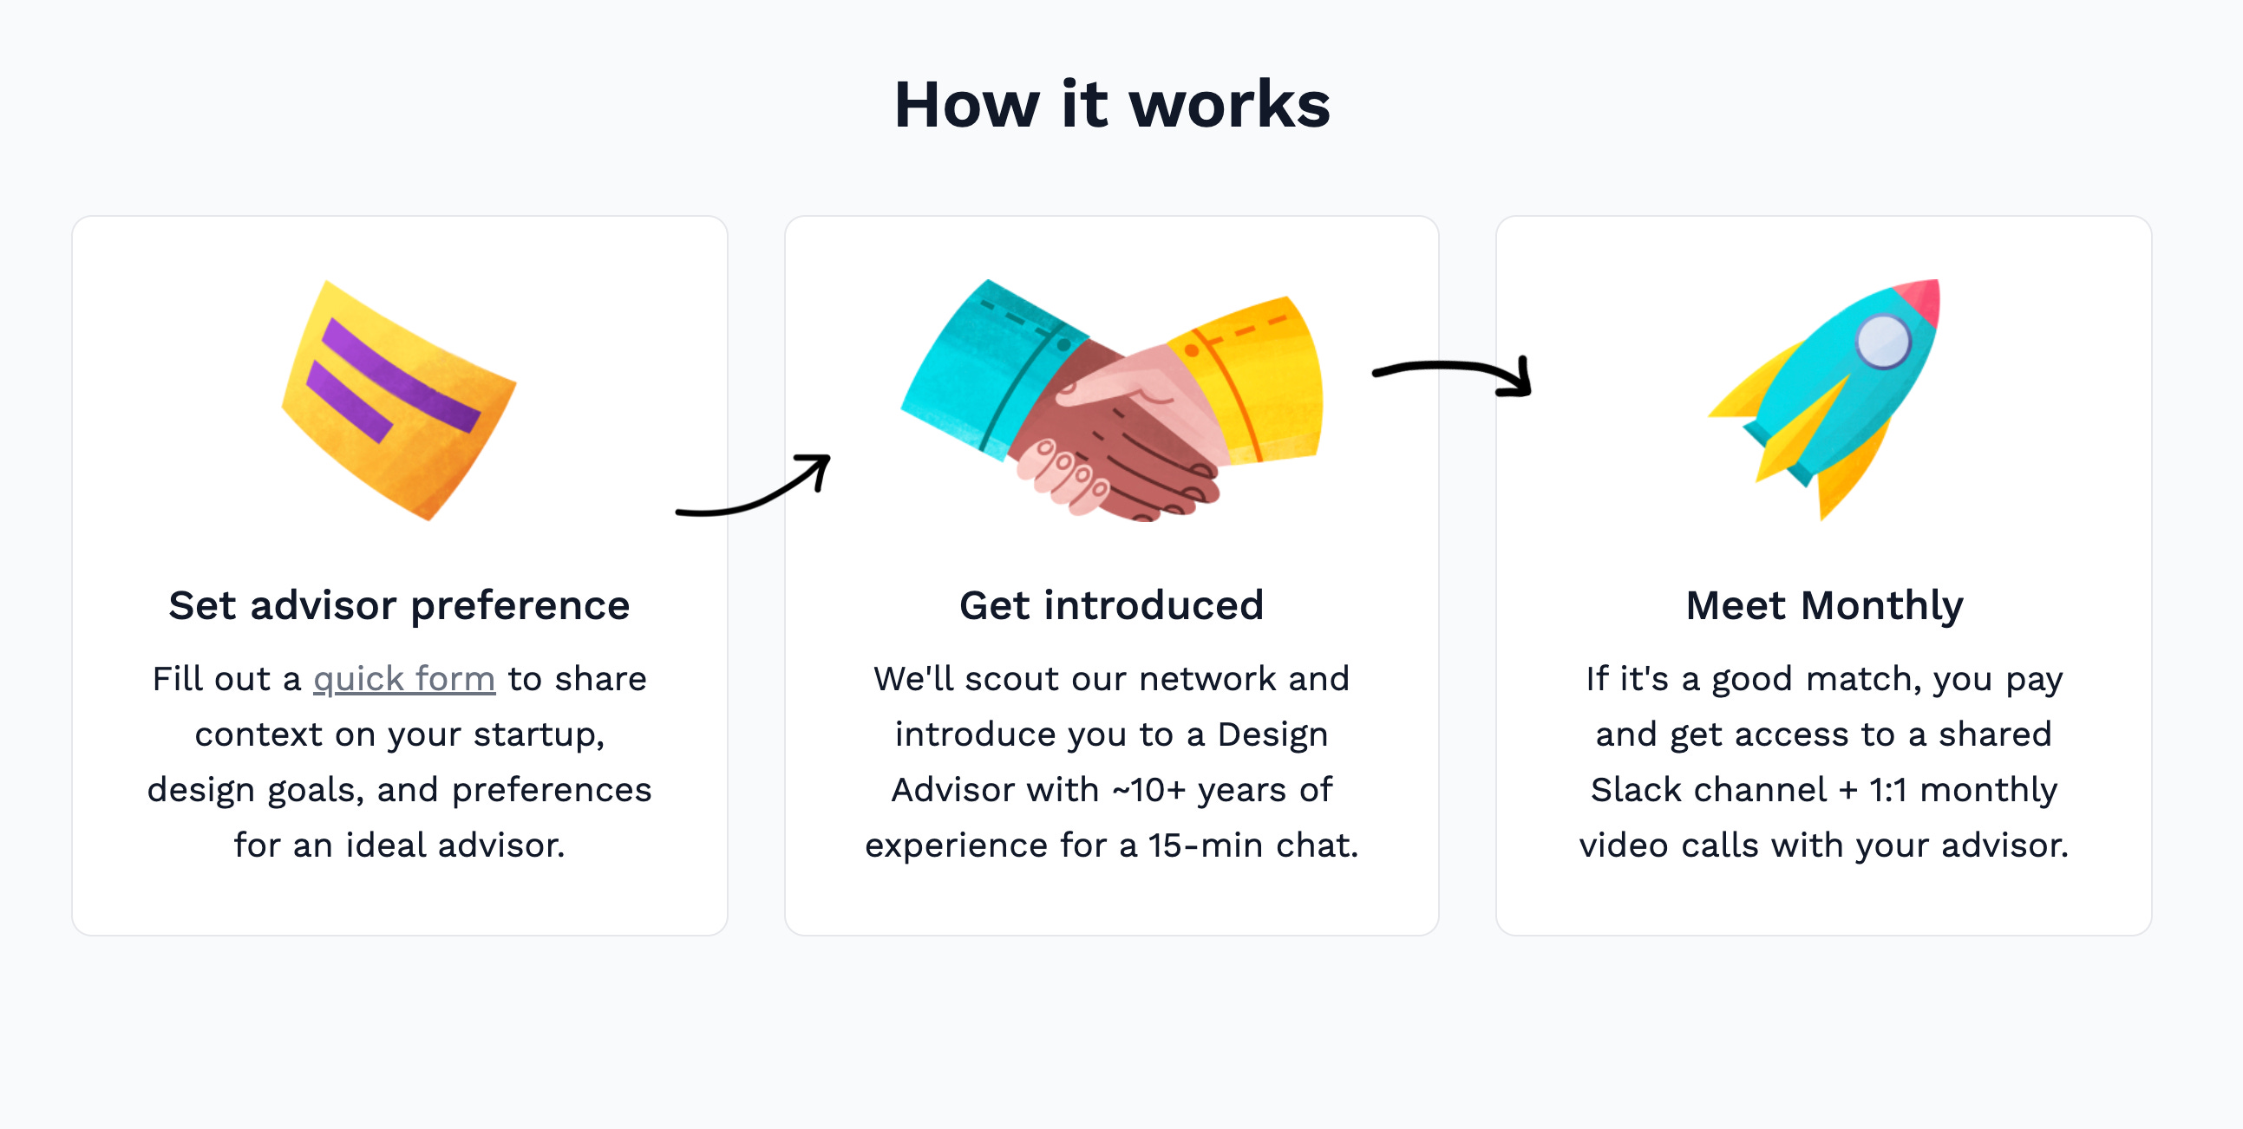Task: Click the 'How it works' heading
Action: [x=1112, y=104]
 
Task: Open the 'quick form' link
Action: [x=404, y=679]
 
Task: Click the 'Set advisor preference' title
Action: [x=399, y=605]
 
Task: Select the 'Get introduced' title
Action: [x=1111, y=605]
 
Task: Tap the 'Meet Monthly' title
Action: [x=1824, y=605]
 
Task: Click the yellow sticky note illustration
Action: [x=399, y=401]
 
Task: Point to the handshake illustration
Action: [x=1112, y=401]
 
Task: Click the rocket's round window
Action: [x=1882, y=342]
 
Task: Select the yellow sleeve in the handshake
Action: [x=1254, y=379]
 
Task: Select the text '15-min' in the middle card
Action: [x=1205, y=845]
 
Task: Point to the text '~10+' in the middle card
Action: [x=1148, y=789]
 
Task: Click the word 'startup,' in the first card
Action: [x=539, y=735]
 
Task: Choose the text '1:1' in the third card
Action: [x=1887, y=789]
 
